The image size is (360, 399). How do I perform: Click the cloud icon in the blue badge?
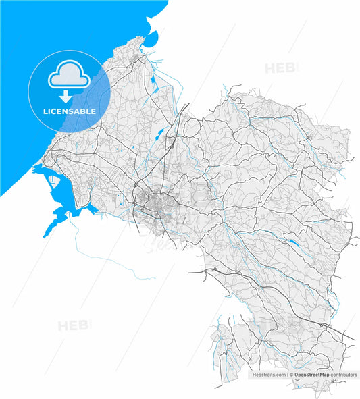(x=68, y=76)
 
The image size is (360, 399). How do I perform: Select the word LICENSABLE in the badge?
(x=68, y=111)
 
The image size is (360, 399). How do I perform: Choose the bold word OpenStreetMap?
(x=311, y=374)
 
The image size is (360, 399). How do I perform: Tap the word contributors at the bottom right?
(x=344, y=374)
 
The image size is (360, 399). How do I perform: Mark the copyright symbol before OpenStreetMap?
(x=291, y=374)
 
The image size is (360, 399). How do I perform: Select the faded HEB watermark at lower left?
(x=73, y=325)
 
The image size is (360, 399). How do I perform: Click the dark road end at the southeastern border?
(x=353, y=338)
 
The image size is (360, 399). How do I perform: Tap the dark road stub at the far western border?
(x=191, y=272)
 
